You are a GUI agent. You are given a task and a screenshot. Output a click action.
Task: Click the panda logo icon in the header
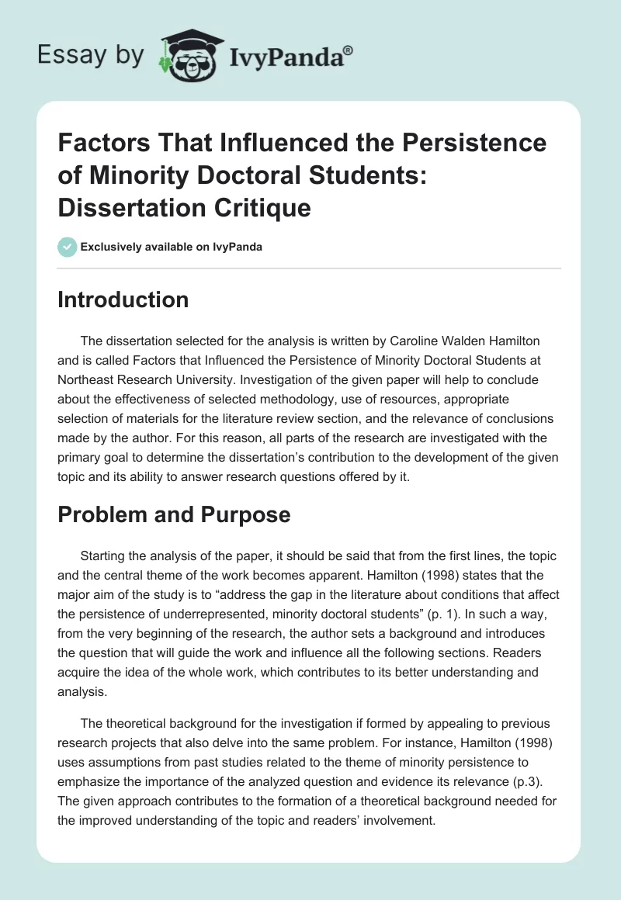pyautogui.click(x=186, y=55)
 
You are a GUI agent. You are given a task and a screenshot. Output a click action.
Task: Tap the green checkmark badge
pyautogui.click(x=67, y=247)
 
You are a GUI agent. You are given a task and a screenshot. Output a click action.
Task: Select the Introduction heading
pyautogui.click(x=123, y=300)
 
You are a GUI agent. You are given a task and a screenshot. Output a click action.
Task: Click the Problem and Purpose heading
pyautogui.click(x=174, y=514)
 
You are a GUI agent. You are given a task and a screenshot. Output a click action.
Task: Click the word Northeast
pyautogui.click(x=88, y=380)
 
